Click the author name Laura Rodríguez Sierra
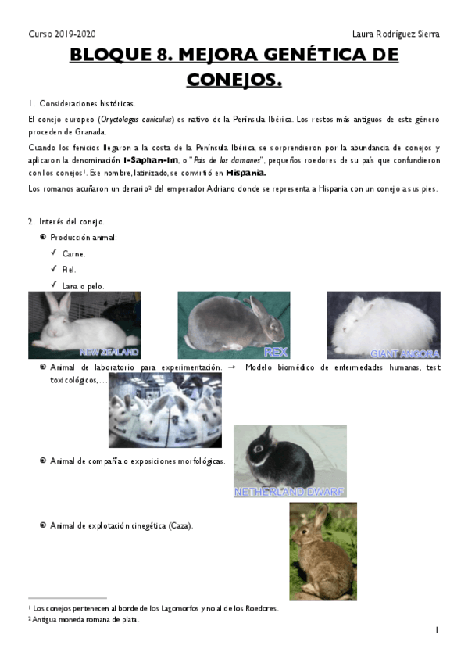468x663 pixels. click(x=396, y=34)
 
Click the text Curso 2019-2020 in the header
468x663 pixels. click(x=62, y=34)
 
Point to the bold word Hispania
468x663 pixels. click(x=245, y=173)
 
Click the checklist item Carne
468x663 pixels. click(x=74, y=253)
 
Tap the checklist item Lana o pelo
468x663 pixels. click(x=83, y=285)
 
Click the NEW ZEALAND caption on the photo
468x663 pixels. click(x=109, y=352)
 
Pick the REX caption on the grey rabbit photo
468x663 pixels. click(x=276, y=352)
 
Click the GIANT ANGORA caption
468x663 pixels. click(x=405, y=353)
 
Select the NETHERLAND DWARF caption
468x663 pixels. click(x=289, y=493)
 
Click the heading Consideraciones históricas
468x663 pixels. click(x=87, y=103)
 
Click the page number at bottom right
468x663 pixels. click(x=437, y=630)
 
